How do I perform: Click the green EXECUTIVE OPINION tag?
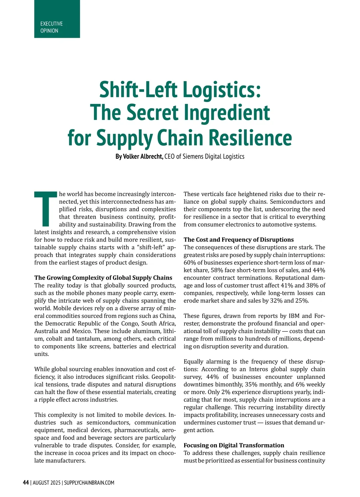click(x=57, y=19)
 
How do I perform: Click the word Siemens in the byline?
click(x=193, y=157)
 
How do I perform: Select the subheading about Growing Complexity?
click(x=103, y=277)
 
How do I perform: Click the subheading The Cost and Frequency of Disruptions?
click(x=238, y=239)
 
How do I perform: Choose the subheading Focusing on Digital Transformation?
click(x=234, y=445)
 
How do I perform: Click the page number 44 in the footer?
click(x=26, y=483)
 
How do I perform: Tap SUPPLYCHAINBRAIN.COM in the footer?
click(x=89, y=483)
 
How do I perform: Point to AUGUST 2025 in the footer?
click(x=46, y=483)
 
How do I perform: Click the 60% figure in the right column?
click(x=190, y=262)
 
